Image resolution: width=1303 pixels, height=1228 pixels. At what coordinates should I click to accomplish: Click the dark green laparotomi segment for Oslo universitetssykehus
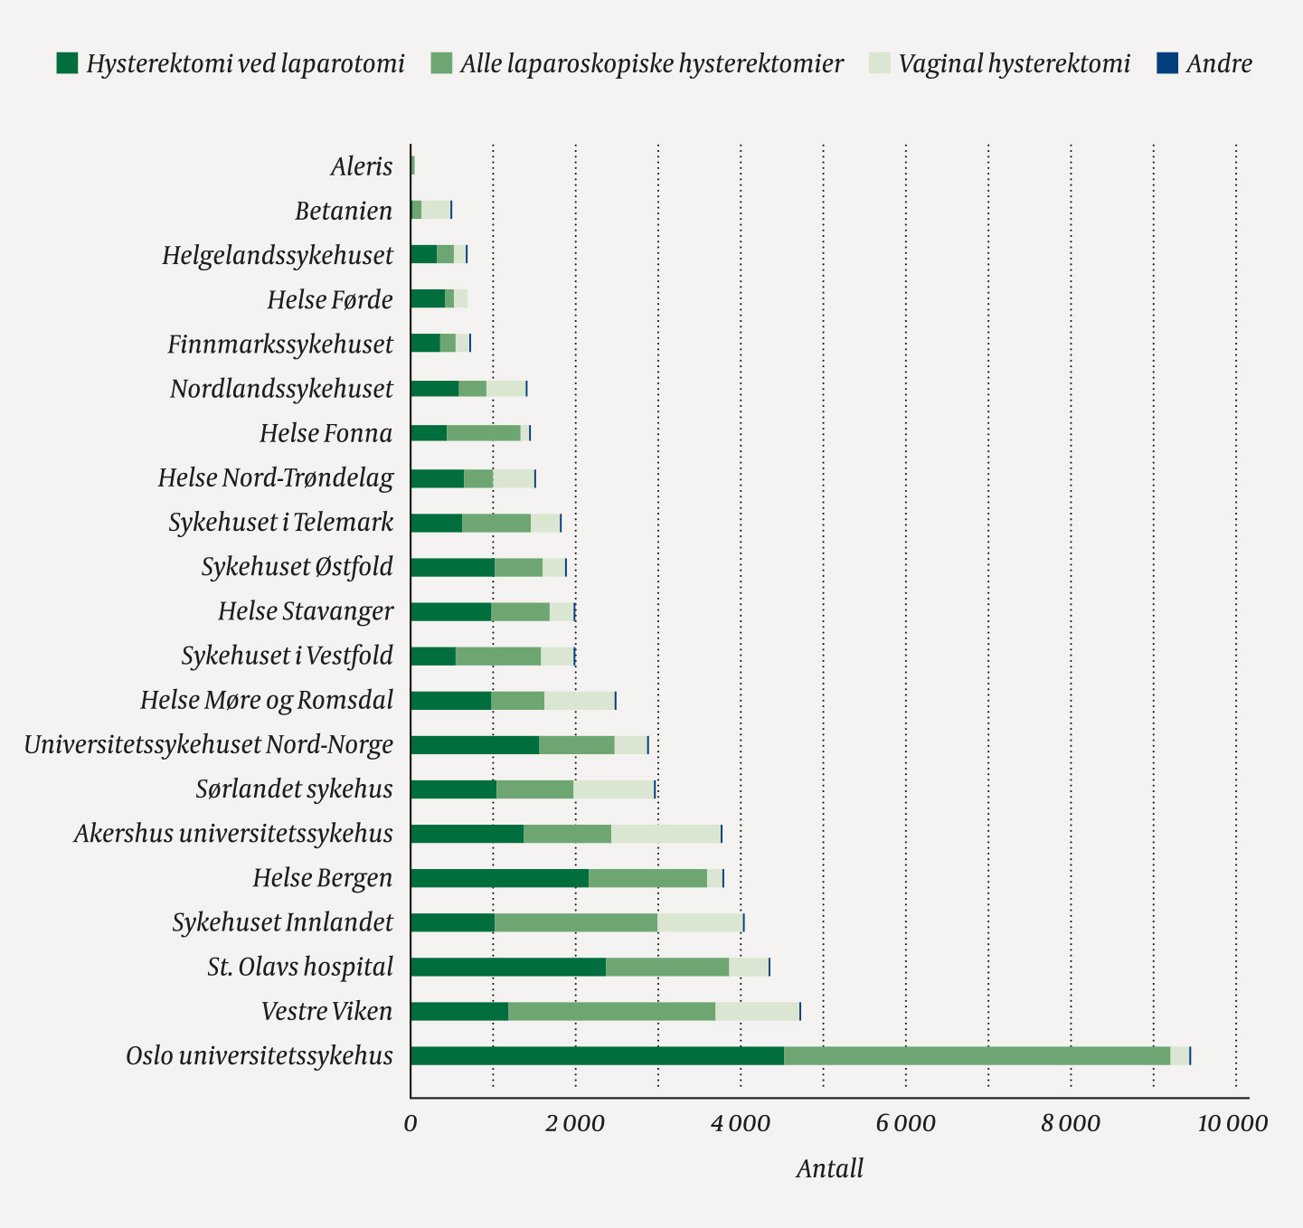597,1056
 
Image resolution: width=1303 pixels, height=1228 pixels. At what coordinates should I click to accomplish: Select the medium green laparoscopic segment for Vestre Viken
611,1011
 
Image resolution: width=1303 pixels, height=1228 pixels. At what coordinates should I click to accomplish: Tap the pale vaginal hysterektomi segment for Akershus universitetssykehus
666,834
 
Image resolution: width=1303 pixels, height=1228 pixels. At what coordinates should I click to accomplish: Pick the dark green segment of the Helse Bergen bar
499,878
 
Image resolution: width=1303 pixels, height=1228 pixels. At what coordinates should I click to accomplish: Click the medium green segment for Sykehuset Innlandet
576,922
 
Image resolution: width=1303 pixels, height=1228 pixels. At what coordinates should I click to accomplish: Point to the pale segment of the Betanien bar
436,210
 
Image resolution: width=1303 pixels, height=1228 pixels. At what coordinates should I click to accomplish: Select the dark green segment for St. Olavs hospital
507,967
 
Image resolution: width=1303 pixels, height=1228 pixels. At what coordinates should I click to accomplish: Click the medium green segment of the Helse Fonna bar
483,433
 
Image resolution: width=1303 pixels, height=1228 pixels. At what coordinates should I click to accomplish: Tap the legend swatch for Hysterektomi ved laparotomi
67,63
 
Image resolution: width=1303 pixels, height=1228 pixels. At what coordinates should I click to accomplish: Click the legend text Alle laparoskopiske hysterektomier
651,63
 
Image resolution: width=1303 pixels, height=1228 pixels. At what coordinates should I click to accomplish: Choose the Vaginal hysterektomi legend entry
1014,63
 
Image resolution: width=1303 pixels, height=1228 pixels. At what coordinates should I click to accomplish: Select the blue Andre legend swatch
1167,63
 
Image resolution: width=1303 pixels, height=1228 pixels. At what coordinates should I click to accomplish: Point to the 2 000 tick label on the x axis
576,1124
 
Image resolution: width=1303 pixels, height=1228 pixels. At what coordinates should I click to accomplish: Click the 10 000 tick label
1232,1124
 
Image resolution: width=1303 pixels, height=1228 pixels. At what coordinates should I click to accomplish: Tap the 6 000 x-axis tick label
906,1124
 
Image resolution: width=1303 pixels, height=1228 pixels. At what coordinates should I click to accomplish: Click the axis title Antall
829,1169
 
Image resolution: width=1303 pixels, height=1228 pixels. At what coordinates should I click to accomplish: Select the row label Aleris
362,166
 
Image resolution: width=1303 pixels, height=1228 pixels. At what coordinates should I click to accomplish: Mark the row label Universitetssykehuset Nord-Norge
209,745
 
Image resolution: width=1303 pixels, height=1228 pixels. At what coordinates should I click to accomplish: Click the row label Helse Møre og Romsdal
267,701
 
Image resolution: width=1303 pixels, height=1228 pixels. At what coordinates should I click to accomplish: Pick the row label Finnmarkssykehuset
280,345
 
